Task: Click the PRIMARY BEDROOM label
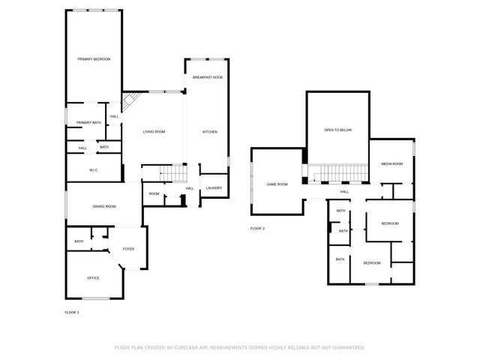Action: (94, 58)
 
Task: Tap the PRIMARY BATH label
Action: (88, 122)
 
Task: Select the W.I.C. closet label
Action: (94, 170)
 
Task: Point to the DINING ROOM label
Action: (104, 206)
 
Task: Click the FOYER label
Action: (128, 248)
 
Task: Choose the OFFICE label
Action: (93, 277)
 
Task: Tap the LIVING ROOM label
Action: (154, 131)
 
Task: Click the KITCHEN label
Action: (210, 131)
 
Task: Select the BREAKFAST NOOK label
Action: (207, 77)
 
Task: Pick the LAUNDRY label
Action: (214, 187)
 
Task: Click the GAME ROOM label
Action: (277, 184)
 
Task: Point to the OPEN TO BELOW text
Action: (337, 130)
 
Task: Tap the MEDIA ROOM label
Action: (391, 163)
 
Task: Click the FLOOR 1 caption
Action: (72, 311)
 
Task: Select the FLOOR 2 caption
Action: (257, 228)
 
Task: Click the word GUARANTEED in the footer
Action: (347, 347)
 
